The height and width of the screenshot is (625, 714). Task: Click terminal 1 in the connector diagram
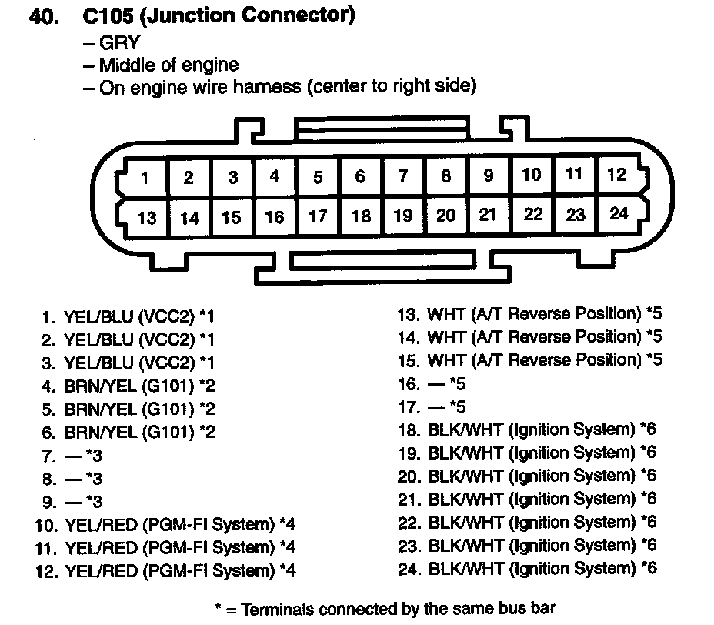click(x=145, y=179)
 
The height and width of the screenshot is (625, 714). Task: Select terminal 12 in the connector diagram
click(x=616, y=174)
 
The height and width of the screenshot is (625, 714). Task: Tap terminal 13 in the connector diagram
click(x=146, y=219)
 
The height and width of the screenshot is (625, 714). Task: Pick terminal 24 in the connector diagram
click(x=619, y=213)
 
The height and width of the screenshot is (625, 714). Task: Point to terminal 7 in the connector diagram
click(x=402, y=176)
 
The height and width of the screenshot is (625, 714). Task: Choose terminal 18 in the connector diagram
click(x=361, y=216)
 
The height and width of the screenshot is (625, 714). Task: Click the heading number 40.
click(x=44, y=17)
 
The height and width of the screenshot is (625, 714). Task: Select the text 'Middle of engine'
click(x=168, y=65)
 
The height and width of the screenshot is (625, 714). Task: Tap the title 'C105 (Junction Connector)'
click(x=216, y=16)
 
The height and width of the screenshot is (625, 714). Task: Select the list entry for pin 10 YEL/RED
click(x=165, y=525)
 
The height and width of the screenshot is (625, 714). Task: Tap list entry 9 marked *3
click(x=72, y=502)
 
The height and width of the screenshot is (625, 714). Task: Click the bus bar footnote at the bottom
click(x=385, y=609)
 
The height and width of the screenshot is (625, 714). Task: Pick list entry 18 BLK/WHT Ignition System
click(x=526, y=429)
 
